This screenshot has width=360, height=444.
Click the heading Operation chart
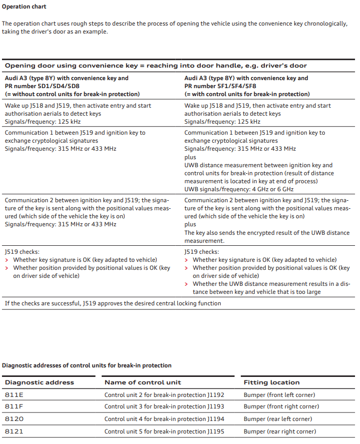(24, 7)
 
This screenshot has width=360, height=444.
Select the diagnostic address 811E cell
(15, 394)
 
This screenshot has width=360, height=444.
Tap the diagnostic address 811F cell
(15, 406)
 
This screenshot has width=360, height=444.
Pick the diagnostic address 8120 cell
(15, 419)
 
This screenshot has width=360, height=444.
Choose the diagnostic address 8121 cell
(15, 431)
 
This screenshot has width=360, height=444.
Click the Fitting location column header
(271, 382)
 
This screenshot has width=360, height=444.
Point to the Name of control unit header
(143, 382)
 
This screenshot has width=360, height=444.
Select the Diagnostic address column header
(40, 382)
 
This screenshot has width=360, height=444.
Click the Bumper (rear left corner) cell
(277, 419)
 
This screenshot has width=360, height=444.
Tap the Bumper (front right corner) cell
(281, 406)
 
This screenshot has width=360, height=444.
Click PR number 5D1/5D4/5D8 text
(42, 86)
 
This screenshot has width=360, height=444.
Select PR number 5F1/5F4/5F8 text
(222, 86)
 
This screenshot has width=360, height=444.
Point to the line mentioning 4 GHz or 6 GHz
(239, 189)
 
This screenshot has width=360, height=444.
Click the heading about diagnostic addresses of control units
(87, 365)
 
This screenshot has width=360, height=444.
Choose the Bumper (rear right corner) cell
(279, 431)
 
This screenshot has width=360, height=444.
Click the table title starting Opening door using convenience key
(156, 66)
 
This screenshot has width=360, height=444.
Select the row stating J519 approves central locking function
(113, 303)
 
